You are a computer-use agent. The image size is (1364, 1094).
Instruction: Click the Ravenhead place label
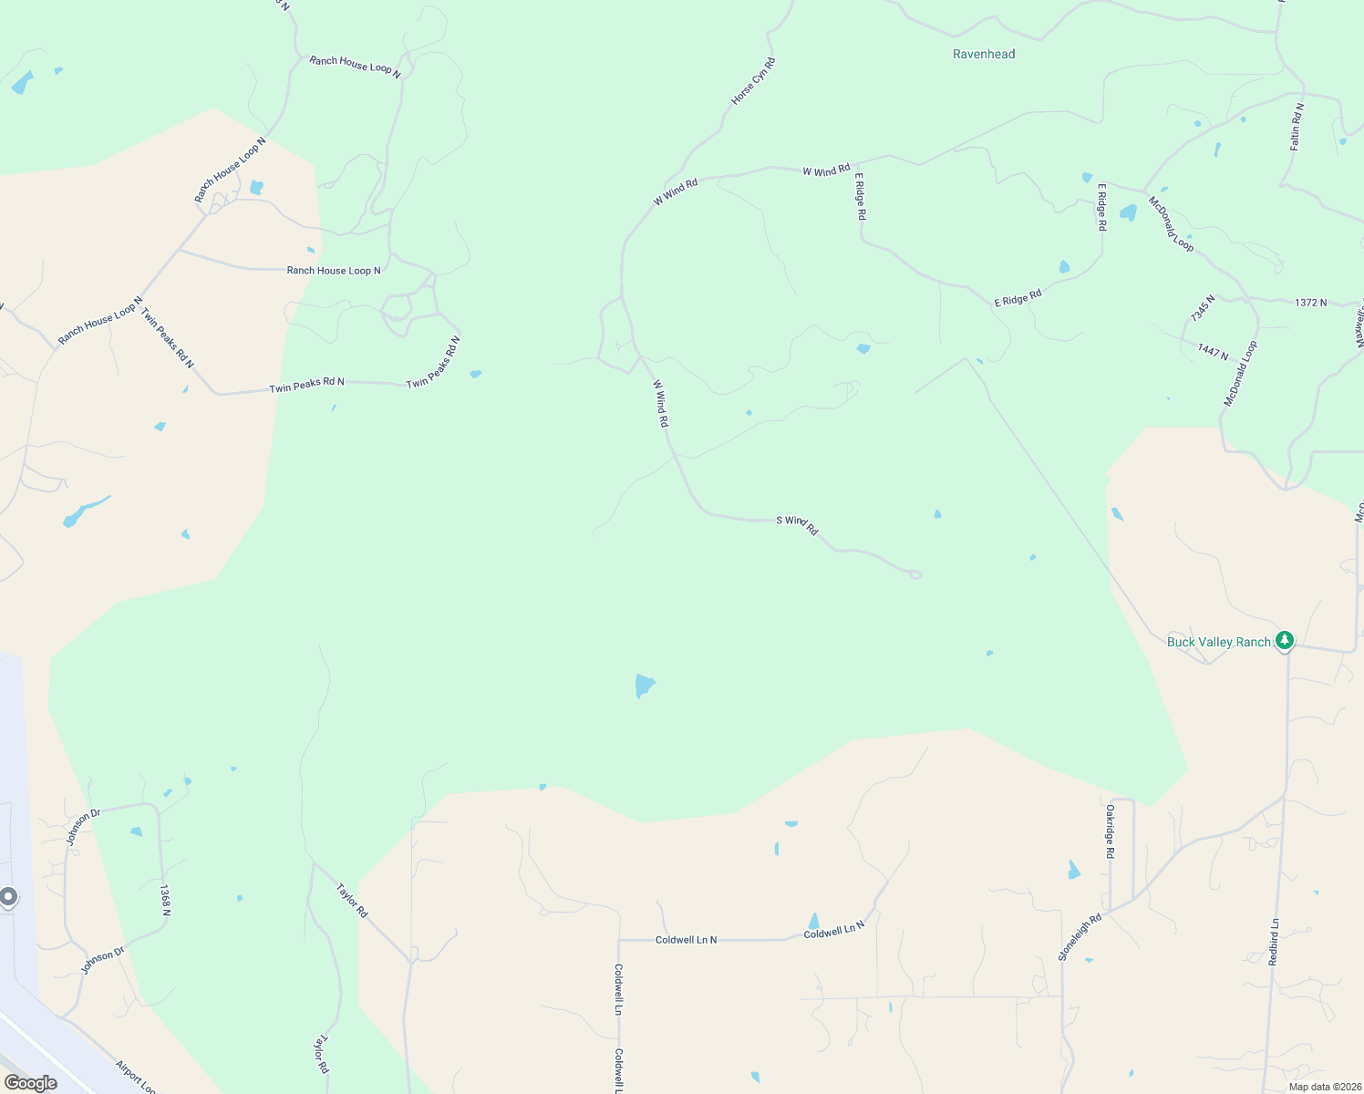984,55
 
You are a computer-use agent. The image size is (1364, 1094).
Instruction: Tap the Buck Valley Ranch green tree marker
1285,641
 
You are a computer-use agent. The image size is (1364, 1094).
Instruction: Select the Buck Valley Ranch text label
1218,643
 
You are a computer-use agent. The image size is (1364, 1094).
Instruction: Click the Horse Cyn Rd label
753,81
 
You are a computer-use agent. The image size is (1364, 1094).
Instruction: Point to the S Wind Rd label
797,524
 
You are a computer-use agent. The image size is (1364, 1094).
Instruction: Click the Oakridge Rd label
1110,831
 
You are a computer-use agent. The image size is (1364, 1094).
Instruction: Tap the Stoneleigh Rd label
1080,936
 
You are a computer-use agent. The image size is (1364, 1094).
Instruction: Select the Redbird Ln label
1274,942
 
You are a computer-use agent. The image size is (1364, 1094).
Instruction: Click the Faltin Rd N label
1297,127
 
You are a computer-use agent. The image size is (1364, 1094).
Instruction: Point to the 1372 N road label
1310,303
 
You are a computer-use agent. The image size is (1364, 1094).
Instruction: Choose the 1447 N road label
1213,352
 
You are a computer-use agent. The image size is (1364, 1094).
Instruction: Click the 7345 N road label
1203,308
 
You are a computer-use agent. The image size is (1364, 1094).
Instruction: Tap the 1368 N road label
165,900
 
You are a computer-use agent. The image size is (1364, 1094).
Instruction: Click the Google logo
31,1083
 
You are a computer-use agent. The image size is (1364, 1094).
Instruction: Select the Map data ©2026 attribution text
1324,1087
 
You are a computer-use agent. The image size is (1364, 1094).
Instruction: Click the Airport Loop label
136,1077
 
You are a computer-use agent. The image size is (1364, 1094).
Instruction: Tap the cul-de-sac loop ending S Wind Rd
915,574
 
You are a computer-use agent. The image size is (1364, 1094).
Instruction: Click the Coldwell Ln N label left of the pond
686,940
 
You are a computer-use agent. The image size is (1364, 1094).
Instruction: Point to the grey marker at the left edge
7,898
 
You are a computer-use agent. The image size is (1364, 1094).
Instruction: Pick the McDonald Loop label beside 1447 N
1240,374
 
